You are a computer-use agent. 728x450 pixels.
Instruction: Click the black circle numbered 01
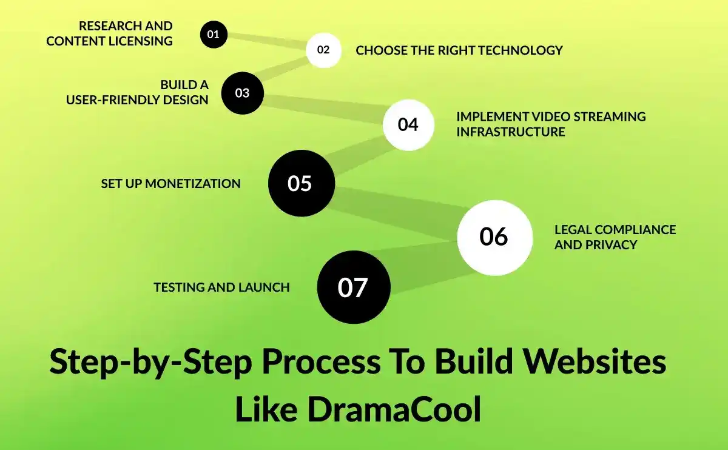[x=214, y=34]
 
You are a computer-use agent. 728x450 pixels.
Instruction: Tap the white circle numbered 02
[x=323, y=50]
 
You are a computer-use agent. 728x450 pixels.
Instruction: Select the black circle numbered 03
[x=242, y=93]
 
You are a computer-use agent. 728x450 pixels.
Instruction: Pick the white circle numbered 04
[x=408, y=124]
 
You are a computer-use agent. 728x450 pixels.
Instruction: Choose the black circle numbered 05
[x=301, y=183]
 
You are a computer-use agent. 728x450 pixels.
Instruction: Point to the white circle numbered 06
[x=494, y=237]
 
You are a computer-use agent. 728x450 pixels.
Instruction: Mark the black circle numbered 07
[x=354, y=287]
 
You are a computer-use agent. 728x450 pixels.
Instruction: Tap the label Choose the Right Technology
[x=459, y=50]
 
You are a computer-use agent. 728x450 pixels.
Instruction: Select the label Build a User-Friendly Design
[x=138, y=92]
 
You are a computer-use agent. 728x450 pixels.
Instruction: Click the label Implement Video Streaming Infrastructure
[x=550, y=124]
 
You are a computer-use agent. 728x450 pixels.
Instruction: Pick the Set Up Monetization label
[x=170, y=183]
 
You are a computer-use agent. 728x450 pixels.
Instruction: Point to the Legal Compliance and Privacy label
[x=615, y=237]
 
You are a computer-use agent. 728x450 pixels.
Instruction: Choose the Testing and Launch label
[x=221, y=287]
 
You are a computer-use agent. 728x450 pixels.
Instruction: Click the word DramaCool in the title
[x=394, y=409]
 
